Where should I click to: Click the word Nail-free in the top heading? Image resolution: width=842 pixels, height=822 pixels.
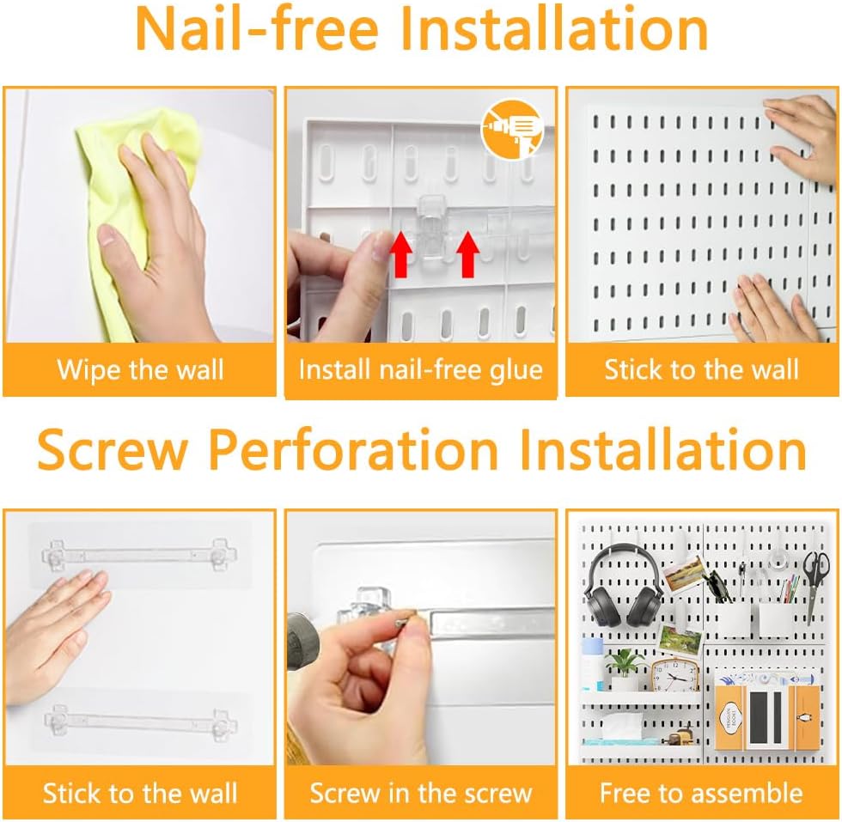[257, 29]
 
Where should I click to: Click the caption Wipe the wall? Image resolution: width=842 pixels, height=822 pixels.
[140, 370]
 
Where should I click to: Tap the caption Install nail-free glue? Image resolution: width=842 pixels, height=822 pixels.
[420, 370]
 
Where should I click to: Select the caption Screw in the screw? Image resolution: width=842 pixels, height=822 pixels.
[420, 793]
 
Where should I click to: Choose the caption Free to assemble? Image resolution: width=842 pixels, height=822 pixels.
[701, 793]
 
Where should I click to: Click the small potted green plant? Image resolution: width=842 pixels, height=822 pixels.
[625, 668]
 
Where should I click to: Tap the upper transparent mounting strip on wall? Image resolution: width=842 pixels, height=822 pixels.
[139, 554]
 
